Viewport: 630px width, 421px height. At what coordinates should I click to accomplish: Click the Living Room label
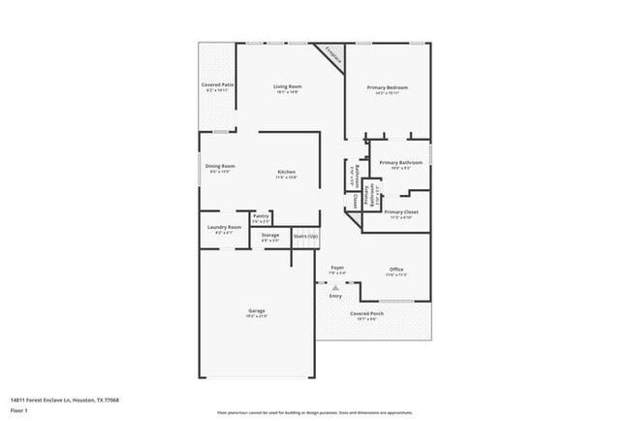288,87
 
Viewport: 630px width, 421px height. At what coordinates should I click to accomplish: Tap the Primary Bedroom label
387,88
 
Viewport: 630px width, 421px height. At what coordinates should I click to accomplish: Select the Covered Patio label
217,85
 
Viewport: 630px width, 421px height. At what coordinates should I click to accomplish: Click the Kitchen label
286,172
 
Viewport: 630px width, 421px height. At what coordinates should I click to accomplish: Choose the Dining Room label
220,166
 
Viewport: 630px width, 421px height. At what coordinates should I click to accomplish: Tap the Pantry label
261,216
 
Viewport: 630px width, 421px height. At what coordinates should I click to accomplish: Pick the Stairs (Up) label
305,236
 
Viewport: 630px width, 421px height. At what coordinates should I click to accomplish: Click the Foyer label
337,267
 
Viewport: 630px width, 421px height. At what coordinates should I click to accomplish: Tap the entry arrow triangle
335,288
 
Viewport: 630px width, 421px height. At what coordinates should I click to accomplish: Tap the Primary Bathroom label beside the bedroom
400,162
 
